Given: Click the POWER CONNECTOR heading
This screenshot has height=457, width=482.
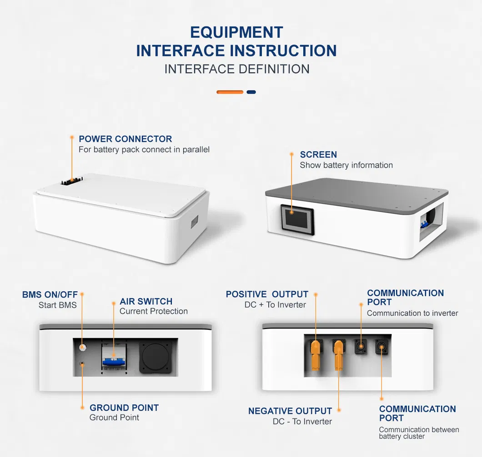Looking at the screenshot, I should pyautogui.click(x=125, y=139).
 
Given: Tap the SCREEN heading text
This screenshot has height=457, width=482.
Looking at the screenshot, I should pyautogui.click(x=318, y=154).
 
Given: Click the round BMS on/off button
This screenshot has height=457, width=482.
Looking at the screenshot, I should pyautogui.click(x=82, y=348).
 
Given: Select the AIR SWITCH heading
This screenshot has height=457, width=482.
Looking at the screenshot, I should pyautogui.click(x=146, y=301).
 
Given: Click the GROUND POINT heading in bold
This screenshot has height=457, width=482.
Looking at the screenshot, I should pyautogui.click(x=124, y=407).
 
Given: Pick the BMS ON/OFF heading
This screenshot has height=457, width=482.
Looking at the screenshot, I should pyautogui.click(x=50, y=295).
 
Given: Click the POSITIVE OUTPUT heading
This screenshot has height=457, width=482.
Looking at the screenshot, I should pyautogui.click(x=267, y=294).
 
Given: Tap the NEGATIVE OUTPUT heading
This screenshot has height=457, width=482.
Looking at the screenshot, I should pyautogui.click(x=290, y=411).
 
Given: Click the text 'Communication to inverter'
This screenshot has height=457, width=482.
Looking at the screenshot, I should pyautogui.click(x=412, y=313).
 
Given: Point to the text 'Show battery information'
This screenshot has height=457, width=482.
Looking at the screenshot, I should pyautogui.click(x=346, y=165).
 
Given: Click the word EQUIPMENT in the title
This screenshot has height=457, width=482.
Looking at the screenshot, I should pyautogui.click(x=236, y=33).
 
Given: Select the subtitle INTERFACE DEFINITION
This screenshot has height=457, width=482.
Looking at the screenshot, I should pyautogui.click(x=237, y=69).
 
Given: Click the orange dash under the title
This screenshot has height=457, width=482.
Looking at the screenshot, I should pyautogui.click(x=230, y=92).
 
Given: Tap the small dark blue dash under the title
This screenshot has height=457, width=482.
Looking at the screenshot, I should pyautogui.click(x=251, y=92).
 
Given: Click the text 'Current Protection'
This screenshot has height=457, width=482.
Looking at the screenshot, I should pyautogui.click(x=153, y=311).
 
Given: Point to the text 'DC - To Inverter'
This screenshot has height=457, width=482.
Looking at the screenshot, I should pyautogui.click(x=302, y=422).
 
